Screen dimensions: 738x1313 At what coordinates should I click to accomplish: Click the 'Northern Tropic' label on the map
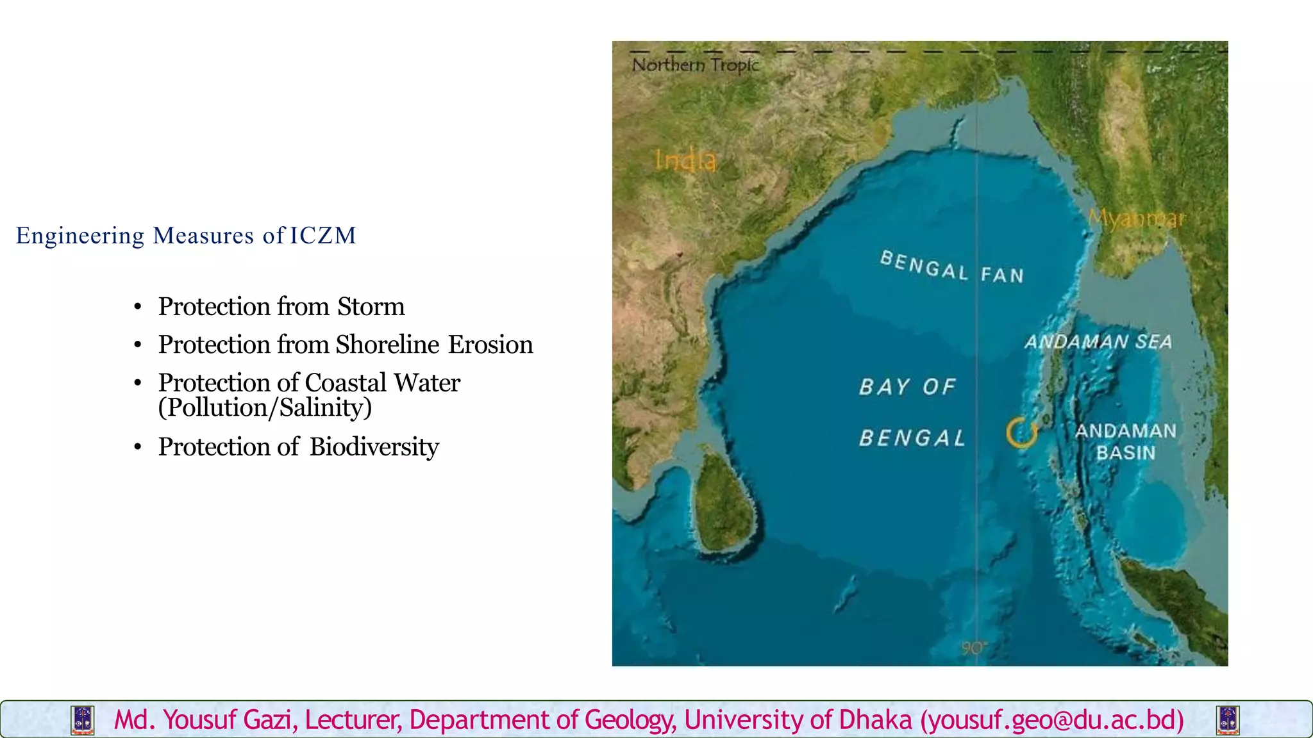[695, 65]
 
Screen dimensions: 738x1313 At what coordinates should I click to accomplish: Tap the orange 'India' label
[685, 160]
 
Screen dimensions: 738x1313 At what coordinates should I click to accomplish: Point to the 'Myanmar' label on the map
[1137, 218]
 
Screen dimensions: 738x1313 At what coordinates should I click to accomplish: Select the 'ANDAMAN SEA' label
[1098, 341]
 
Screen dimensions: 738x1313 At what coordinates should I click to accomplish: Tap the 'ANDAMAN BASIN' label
[1126, 441]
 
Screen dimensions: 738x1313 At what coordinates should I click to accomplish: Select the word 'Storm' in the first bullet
[371, 307]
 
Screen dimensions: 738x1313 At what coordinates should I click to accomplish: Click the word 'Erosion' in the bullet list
[490, 345]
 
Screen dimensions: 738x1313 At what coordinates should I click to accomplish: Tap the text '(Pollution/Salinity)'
[265, 408]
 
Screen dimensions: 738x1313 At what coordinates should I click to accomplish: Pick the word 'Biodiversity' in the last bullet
[374, 447]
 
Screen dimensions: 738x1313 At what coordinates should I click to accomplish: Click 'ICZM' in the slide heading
[322, 236]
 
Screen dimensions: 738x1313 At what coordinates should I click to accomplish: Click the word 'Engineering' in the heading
[80, 236]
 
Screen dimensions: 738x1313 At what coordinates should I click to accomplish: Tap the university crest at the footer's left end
[83, 720]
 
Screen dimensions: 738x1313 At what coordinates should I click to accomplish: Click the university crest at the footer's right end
[1228, 720]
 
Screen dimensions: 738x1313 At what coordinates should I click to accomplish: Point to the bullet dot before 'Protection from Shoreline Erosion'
[138, 345]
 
